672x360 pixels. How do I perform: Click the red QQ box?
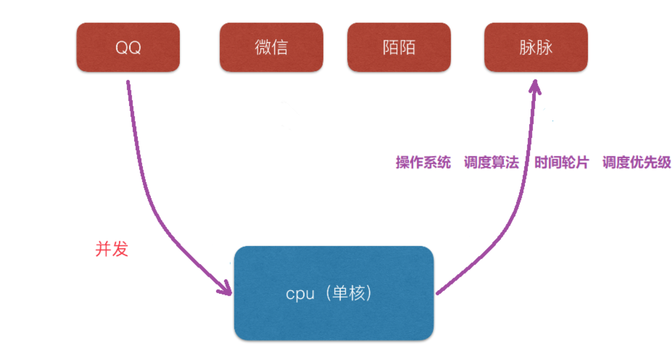click(128, 47)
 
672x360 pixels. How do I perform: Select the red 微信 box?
click(271, 47)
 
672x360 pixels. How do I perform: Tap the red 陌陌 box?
click(399, 47)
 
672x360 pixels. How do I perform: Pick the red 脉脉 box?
click(536, 47)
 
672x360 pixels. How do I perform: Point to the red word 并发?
click(111, 249)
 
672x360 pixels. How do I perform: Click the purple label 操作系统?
click(423, 163)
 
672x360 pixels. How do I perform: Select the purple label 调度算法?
click(491, 163)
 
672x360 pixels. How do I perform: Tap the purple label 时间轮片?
click(561, 163)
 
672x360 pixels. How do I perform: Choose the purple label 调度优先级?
click(637, 163)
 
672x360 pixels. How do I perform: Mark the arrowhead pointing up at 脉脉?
click(535, 87)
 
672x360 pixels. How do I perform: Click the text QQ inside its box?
click(128, 47)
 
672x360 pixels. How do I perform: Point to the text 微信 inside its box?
click(271, 47)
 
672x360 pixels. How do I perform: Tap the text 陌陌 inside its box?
click(399, 47)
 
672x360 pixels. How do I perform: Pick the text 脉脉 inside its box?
click(536, 47)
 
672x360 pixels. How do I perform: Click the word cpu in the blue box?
click(300, 294)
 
